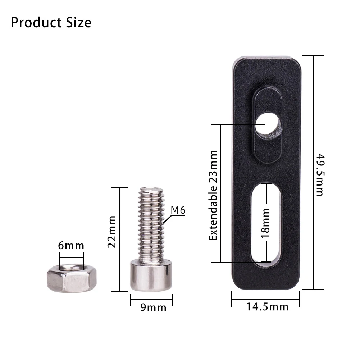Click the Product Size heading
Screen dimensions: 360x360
pyautogui.click(x=51, y=23)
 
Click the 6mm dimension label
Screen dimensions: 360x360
pyautogui.click(x=71, y=246)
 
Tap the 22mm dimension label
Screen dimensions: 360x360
pyautogui.click(x=112, y=232)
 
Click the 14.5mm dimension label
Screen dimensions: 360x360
pyautogui.click(x=267, y=307)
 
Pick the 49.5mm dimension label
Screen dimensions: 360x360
pyautogui.click(x=319, y=175)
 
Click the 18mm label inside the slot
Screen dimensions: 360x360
pyautogui.click(x=265, y=223)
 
